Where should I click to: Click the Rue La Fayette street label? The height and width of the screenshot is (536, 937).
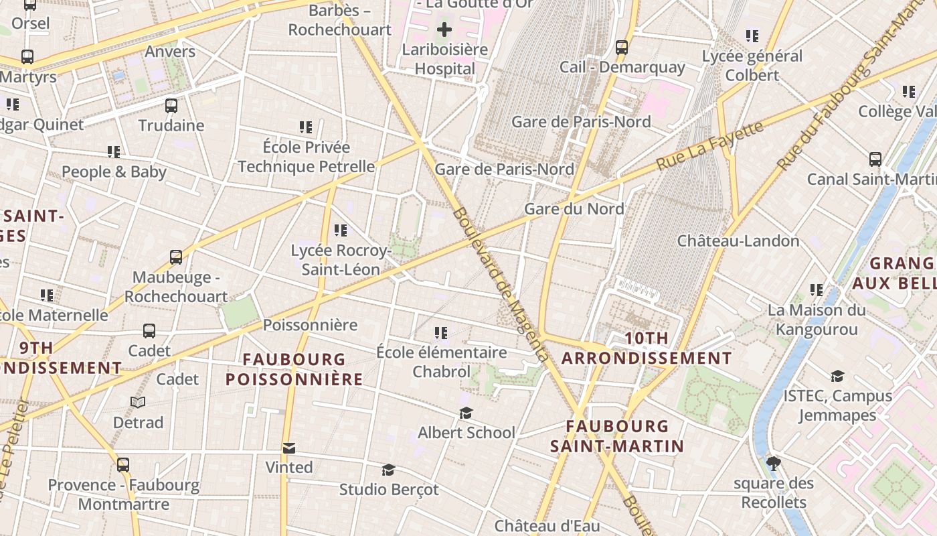coord(709,145)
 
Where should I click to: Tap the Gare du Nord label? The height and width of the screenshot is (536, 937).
coord(574,209)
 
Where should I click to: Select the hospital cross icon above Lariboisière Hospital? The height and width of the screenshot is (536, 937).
coord(444,29)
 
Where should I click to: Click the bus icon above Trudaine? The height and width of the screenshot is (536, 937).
coord(171,106)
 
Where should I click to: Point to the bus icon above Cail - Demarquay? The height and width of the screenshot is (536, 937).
coord(622,48)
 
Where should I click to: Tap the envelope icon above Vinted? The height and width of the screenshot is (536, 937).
coord(289,448)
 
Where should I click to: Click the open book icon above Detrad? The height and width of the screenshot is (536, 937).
coord(138,403)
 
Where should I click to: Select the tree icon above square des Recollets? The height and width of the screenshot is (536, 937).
coord(773,463)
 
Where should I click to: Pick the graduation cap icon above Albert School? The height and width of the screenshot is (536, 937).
coord(466,413)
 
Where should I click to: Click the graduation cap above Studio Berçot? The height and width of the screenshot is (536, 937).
coord(388,470)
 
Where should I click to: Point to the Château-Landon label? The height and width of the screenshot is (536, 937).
coord(738,241)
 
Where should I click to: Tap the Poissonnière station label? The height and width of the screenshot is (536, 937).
coord(310,325)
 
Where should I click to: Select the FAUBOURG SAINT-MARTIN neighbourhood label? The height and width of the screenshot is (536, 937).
coord(617,436)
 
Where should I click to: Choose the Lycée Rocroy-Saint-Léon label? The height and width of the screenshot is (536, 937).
coord(341,260)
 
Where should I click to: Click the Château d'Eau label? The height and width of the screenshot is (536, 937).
coord(547,526)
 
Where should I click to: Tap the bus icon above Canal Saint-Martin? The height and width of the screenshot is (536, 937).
coord(875,159)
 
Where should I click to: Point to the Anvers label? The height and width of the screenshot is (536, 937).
coord(170,52)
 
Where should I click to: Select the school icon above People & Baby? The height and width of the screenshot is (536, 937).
coord(114,153)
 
